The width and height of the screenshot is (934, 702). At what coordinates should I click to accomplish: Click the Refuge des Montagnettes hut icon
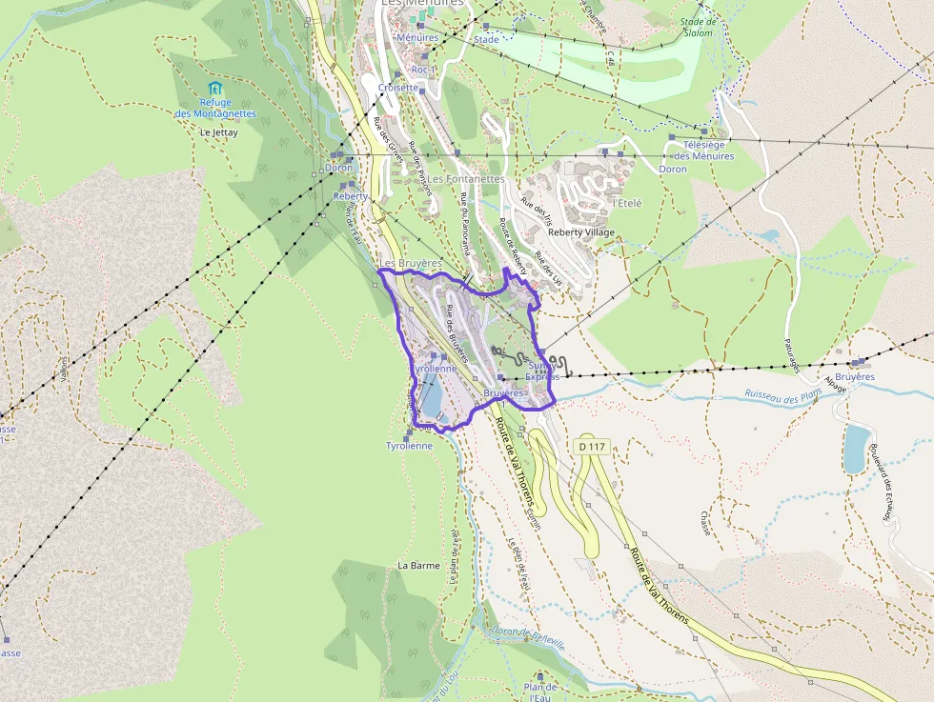214,89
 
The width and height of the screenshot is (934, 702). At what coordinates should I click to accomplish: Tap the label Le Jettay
218,132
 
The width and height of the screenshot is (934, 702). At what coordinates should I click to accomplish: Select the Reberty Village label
581,232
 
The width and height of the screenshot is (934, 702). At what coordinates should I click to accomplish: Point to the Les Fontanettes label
465,178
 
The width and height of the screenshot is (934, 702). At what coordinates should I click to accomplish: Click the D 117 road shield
591,446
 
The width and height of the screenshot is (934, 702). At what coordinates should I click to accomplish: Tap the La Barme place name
418,565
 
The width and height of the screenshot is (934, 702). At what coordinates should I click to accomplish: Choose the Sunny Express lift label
542,371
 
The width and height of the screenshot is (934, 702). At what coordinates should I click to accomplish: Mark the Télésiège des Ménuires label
704,150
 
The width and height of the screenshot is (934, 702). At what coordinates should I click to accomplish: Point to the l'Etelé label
627,203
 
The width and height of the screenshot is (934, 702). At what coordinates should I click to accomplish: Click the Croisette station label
398,88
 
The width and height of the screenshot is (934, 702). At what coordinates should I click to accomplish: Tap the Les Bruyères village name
410,262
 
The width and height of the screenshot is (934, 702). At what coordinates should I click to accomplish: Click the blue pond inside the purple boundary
429,401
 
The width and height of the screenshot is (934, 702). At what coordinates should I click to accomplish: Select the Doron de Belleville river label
527,637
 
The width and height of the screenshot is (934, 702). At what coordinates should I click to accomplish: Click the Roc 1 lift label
421,70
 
